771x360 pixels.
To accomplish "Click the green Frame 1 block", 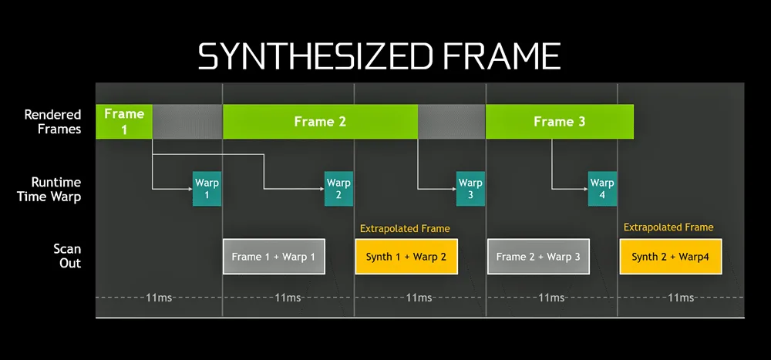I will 124,122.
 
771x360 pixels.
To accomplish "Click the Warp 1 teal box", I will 207,189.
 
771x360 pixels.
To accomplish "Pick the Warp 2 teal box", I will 338,189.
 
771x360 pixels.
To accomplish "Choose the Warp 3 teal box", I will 470,189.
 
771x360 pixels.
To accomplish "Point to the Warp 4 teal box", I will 601,189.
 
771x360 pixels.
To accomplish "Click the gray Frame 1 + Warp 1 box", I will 274,257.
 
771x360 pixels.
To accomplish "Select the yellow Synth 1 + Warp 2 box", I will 406,257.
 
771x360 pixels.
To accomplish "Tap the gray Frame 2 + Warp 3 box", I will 538,257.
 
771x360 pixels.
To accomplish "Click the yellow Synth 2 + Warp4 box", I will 670,257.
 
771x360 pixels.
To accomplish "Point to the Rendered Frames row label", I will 52,122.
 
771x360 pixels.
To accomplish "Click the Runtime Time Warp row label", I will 49,189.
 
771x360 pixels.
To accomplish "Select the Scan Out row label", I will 67,256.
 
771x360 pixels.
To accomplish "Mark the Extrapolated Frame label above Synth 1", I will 405,228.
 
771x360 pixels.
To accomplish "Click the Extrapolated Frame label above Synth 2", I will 668,227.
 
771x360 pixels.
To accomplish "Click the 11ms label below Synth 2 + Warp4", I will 681,297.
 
